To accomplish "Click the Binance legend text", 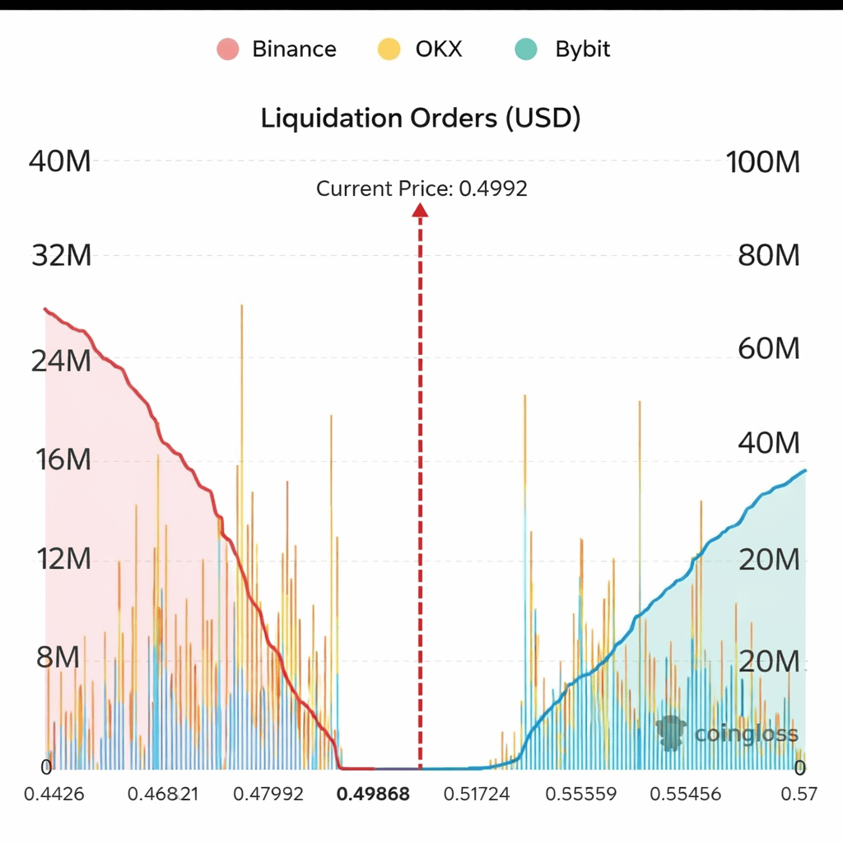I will click(294, 49).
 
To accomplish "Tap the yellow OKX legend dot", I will click(389, 49).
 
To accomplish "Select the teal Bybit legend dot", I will click(525, 49).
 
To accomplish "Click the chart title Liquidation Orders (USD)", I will click(421, 118).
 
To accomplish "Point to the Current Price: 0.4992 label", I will click(421, 189).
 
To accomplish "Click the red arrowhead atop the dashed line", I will click(421, 211).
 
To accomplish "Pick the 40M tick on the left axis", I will click(59, 162).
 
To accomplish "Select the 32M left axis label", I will click(60, 256).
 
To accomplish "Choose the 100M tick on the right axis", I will click(763, 162).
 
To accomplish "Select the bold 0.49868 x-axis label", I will click(373, 794).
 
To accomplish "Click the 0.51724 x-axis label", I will click(477, 794).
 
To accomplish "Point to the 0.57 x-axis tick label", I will click(799, 794).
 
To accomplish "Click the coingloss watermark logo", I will click(673, 732).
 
